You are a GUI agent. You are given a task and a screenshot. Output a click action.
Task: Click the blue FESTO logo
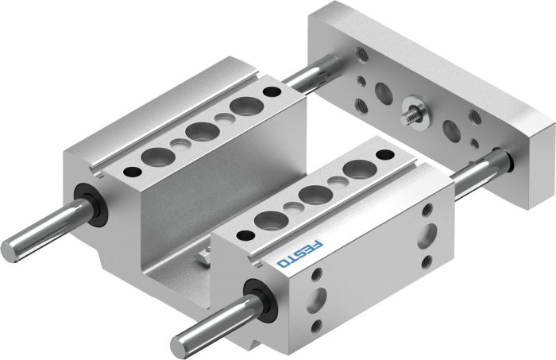click(301, 254)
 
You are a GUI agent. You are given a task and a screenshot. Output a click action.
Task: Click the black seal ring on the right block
click(260, 300)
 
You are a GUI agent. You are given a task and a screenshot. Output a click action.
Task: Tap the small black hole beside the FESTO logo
click(245, 234)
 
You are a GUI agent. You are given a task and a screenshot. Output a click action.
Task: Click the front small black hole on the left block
click(133, 172)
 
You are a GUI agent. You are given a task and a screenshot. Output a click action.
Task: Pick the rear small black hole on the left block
click(272, 91)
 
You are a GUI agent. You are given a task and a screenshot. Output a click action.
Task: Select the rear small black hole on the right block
click(384, 155)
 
